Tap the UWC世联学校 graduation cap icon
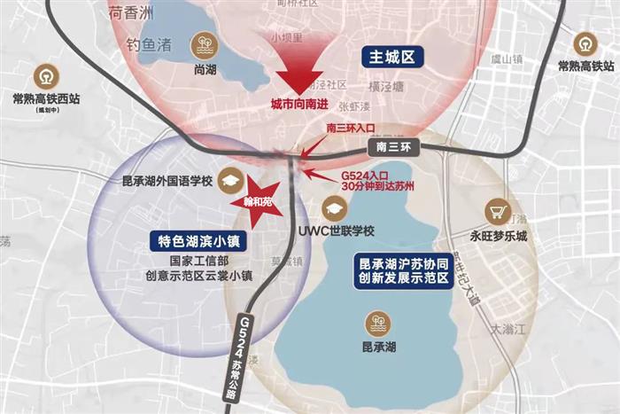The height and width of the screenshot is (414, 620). (x=333, y=209)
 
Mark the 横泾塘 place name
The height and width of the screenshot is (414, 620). (x=386, y=86)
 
